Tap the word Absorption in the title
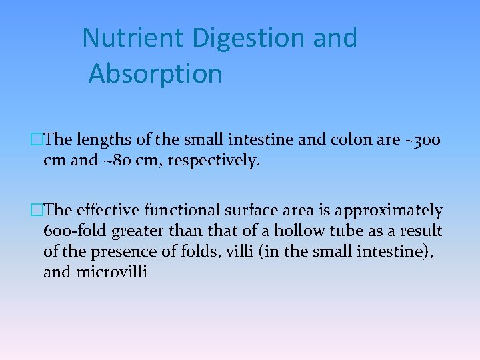[155, 73]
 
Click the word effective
[105, 211]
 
